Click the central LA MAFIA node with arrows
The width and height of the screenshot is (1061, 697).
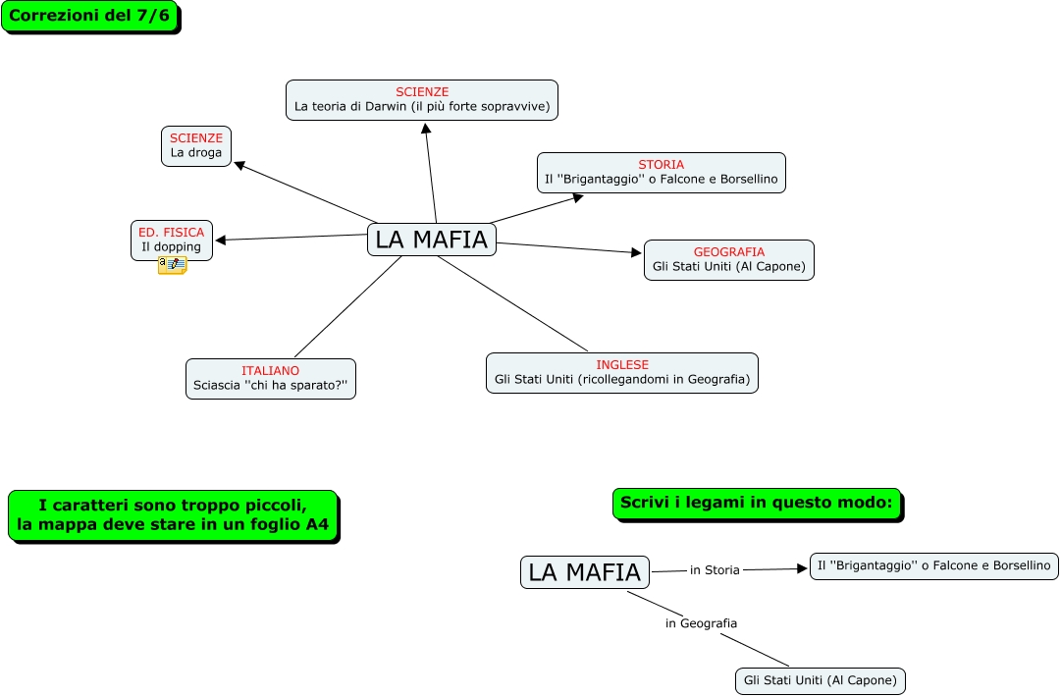(x=432, y=240)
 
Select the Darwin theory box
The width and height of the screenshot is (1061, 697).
(x=422, y=100)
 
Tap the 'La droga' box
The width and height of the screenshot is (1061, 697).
(x=196, y=145)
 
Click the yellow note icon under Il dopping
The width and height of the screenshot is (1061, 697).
(x=172, y=265)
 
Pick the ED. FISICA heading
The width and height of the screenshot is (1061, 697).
(x=172, y=233)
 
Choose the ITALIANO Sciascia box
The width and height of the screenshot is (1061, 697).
(x=271, y=379)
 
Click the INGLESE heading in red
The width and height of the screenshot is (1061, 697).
(x=622, y=365)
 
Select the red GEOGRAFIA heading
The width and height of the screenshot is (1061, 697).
(x=728, y=252)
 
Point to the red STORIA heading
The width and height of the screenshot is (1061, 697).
(x=661, y=165)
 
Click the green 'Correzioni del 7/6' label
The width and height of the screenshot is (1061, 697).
(x=89, y=17)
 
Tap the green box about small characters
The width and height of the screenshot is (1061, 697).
(x=173, y=515)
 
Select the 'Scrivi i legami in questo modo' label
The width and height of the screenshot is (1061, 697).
(x=757, y=503)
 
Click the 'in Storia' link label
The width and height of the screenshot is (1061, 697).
(x=715, y=569)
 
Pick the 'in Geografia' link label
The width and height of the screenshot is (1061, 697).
(x=701, y=623)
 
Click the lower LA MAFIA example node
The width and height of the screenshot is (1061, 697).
(x=584, y=572)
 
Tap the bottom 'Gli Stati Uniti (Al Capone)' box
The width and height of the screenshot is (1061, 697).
(x=821, y=680)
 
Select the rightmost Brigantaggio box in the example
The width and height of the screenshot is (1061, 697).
(x=933, y=565)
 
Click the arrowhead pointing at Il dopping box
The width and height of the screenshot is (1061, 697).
(x=221, y=240)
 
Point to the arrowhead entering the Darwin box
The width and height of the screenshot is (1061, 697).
(x=425, y=127)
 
